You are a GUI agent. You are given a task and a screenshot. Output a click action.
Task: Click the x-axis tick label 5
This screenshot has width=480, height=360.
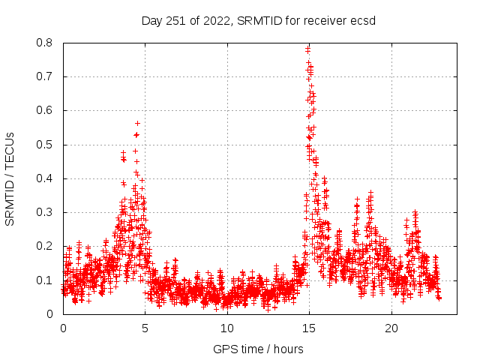(x=145, y=328)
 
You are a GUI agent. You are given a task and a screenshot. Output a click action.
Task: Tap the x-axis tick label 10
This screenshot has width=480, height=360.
(x=227, y=328)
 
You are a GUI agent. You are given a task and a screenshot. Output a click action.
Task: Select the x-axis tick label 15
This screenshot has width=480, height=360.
(x=309, y=328)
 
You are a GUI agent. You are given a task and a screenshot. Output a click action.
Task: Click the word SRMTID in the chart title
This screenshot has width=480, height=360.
(x=256, y=20)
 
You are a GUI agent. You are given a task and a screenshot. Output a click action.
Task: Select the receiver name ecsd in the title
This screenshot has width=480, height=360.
(x=363, y=20)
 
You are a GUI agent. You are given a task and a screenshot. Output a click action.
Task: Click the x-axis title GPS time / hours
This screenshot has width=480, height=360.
(x=258, y=349)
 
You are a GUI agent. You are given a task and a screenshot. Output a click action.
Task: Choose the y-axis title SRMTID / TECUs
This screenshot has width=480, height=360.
(x=10, y=178)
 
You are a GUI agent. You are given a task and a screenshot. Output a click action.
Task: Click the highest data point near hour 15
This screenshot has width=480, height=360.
(x=308, y=49)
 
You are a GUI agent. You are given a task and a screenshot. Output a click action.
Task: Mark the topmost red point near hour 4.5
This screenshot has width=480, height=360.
(x=137, y=123)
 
